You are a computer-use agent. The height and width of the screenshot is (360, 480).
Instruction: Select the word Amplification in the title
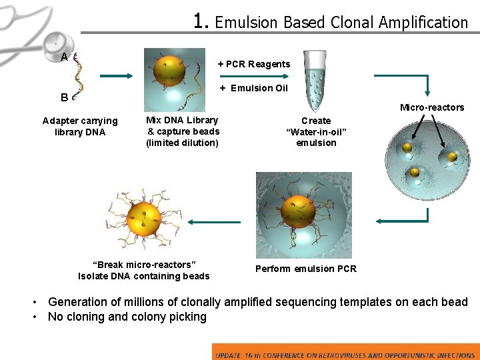point(423,23)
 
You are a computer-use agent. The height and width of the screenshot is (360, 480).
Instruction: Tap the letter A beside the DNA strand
point(64,57)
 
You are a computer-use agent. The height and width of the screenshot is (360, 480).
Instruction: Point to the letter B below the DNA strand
point(64,97)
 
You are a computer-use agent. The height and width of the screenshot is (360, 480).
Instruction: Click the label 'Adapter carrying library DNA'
point(79,126)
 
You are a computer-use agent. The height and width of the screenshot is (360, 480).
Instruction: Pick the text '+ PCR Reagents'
point(254,64)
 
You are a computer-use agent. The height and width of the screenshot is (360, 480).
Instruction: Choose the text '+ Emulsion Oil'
point(254,88)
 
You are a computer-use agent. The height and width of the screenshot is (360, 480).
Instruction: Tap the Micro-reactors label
point(432,107)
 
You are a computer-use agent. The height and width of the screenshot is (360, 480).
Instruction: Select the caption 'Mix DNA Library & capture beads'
point(183,131)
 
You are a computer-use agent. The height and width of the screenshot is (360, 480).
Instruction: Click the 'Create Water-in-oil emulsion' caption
point(316,131)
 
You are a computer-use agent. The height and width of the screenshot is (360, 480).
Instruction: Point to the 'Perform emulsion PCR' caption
point(306,269)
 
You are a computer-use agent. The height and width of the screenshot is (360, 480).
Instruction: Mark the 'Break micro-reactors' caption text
point(144,271)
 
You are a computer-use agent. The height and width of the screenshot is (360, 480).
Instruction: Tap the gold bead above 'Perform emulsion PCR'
point(298,211)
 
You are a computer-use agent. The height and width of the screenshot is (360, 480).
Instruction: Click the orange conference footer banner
point(345,352)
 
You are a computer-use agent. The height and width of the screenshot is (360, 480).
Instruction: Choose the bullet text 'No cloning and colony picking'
point(127,317)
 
